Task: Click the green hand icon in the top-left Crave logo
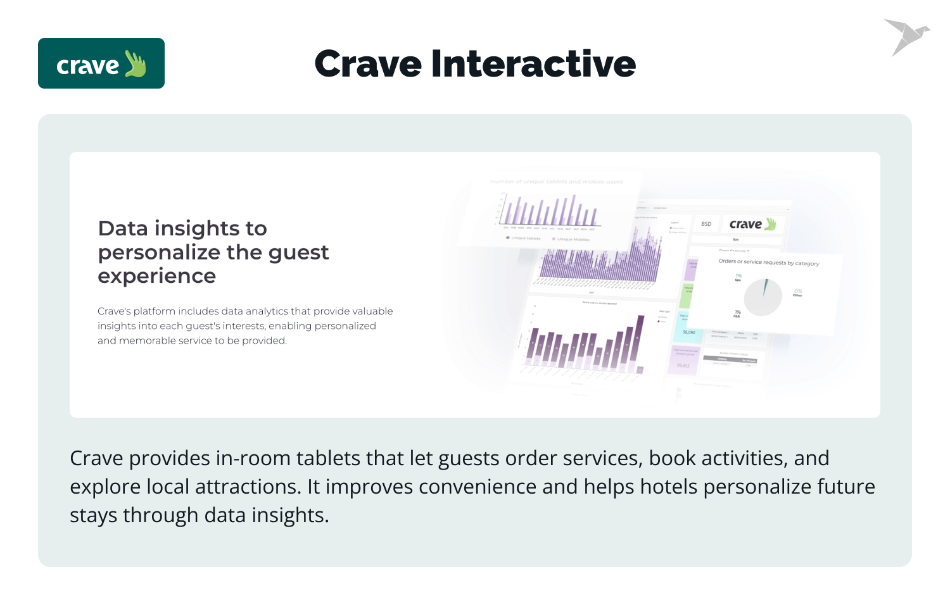click(x=136, y=64)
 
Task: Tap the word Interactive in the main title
click(x=533, y=64)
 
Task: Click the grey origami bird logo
click(x=906, y=36)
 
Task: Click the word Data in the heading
click(x=123, y=228)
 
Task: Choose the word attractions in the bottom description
click(x=246, y=487)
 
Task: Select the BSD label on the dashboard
click(x=706, y=224)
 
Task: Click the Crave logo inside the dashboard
click(x=752, y=224)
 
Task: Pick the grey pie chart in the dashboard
click(x=763, y=297)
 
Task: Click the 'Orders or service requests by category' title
click(x=768, y=262)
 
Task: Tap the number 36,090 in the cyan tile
click(x=688, y=332)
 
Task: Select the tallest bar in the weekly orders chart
click(x=640, y=342)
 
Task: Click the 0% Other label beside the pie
click(x=797, y=292)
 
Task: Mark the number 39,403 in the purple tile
click(x=683, y=365)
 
